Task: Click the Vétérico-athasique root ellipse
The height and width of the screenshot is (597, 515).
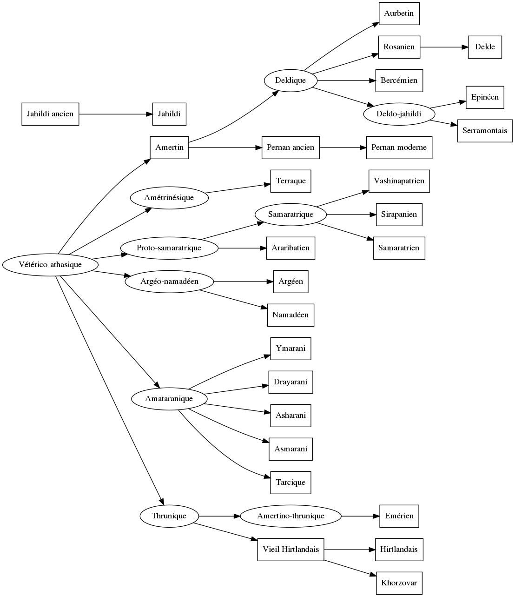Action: click(50, 265)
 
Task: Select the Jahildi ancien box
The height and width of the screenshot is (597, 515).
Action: click(50, 114)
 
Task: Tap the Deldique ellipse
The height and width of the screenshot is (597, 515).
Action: click(291, 80)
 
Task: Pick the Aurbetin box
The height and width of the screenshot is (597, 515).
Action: click(399, 13)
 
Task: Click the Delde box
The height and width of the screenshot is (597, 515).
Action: click(485, 47)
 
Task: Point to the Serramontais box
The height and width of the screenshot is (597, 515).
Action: click(485, 131)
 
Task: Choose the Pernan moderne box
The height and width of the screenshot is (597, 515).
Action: click(399, 148)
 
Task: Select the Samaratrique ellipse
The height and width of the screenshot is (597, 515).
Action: click(291, 215)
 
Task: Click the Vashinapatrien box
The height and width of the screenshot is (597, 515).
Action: click(399, 181)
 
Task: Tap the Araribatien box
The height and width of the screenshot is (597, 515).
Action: click(291, 248)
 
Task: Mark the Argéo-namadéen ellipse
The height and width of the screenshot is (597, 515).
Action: click(169, 282)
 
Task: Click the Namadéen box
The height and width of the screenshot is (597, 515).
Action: click(291, 315)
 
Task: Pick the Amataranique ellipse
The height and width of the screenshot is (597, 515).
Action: click(169, 399)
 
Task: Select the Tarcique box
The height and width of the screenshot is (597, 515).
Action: click(291, 483)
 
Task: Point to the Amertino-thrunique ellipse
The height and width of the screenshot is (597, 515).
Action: click(291, 516)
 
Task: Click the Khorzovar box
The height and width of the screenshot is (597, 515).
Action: click(399, 583)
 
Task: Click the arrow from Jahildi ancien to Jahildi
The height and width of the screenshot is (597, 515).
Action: click(116, 114)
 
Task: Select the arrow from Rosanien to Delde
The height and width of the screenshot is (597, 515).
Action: click(444, 47)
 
